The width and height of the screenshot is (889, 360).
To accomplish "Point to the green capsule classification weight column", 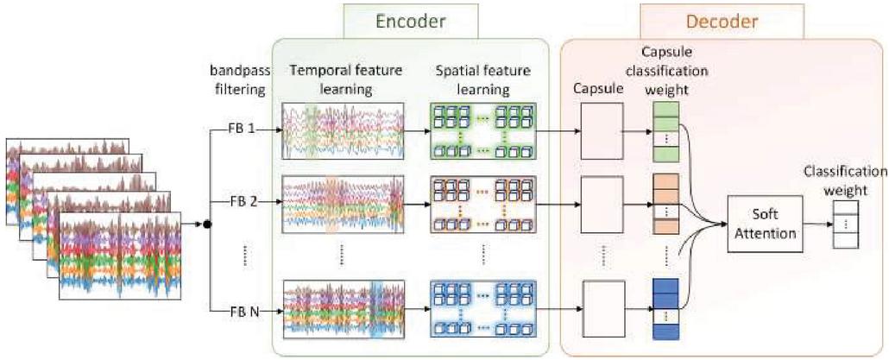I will [x=665, y=131].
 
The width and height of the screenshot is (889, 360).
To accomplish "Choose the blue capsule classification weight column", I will [x=665, y=307].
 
